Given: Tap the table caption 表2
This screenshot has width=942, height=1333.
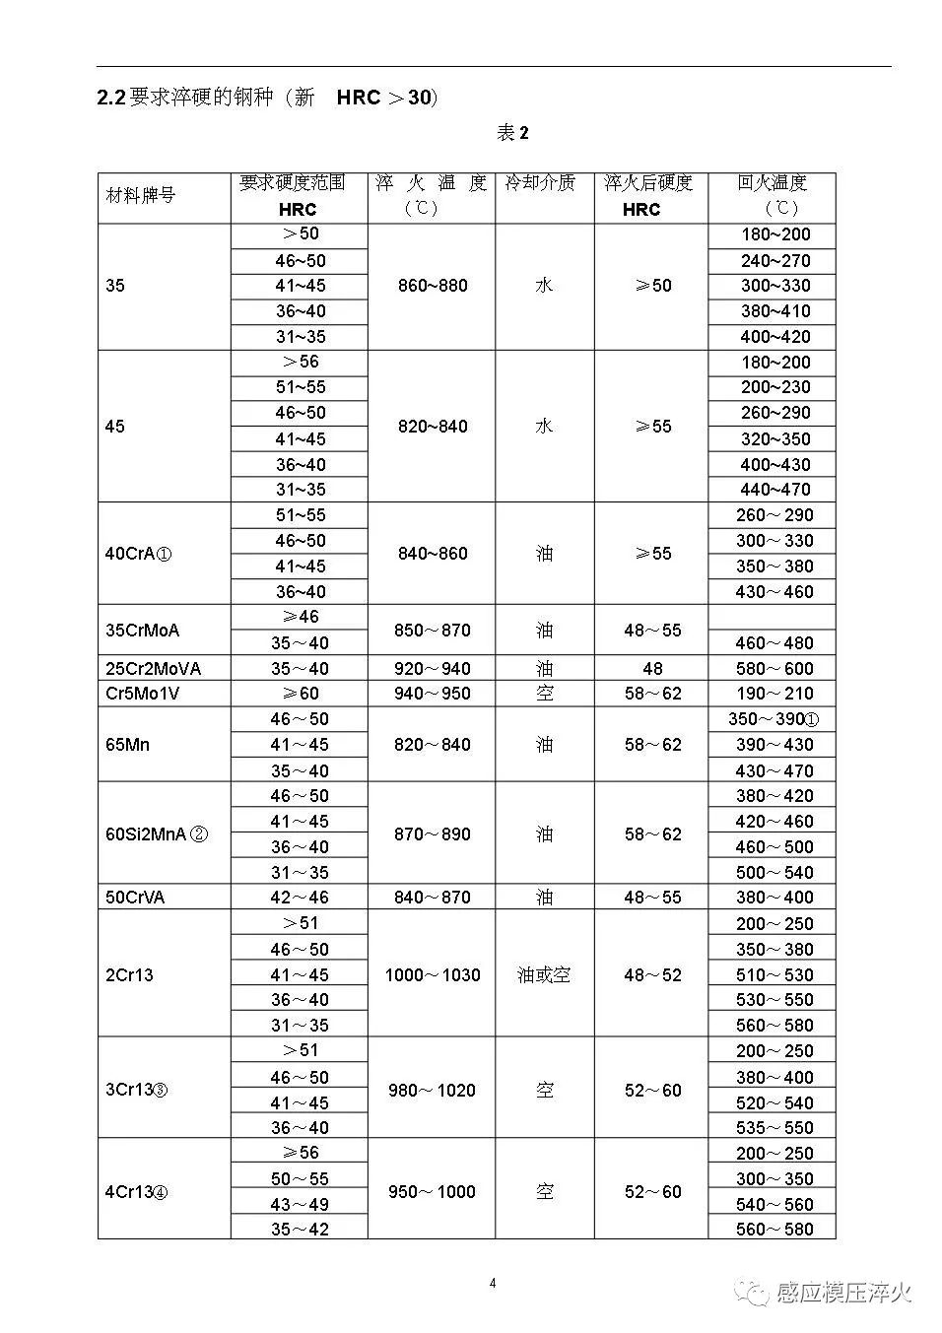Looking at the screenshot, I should tap(512, 133).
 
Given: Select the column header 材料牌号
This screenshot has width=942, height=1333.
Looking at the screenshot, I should tap(140, 195).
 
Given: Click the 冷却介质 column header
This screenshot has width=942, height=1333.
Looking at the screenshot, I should tap(540, 183).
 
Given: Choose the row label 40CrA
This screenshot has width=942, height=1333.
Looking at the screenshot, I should tap(138, 554).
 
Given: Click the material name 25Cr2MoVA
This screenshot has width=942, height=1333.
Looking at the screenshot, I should tap(153, 669).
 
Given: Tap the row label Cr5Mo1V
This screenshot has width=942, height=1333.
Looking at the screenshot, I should tap(143, 694).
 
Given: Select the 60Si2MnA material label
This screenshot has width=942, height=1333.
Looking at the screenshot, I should tap(156, 834).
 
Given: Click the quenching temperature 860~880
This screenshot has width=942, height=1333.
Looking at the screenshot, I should tap(433, 286).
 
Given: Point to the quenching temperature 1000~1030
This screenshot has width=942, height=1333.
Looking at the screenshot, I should tap(433, 975).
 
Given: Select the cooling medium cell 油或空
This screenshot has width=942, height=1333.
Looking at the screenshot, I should tap(544, 975).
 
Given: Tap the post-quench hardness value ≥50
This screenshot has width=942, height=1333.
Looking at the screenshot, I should tap(652, 286).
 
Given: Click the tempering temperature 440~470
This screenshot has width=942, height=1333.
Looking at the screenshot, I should tap(775, 490).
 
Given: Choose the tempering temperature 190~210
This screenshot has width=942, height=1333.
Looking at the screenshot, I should tap(774, 694).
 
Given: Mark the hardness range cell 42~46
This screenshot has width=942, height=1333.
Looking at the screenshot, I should tap(300, 898).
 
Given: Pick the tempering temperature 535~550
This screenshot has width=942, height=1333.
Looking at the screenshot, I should tap(774, 1128).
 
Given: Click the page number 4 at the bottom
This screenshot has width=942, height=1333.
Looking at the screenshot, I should tap(493, 1283).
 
